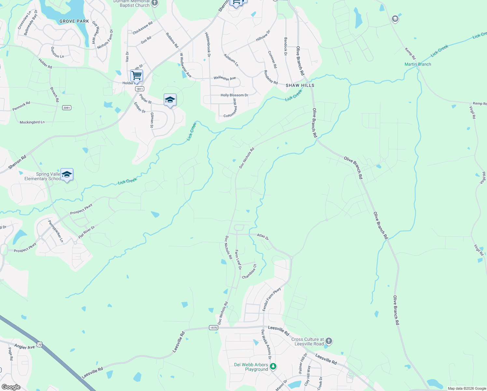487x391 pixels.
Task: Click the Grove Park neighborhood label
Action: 74,21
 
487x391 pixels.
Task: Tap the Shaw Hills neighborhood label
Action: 300,85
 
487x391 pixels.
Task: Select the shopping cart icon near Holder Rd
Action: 136,75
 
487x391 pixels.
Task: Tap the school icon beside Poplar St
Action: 170,100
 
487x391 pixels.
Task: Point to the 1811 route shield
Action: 139,89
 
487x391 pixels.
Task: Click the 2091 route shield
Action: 67,108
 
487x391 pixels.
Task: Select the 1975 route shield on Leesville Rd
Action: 214,328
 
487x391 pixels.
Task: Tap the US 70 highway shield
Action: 39,344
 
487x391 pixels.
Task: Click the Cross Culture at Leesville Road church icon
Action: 329,341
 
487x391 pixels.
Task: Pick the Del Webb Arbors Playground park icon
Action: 273,367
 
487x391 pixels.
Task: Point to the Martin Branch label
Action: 418,64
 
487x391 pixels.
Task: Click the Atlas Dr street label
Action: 263,237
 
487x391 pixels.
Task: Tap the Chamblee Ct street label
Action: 249,271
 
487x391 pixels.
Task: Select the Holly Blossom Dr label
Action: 234,95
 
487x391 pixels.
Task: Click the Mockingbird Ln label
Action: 32,122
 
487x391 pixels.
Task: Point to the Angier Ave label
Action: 24,346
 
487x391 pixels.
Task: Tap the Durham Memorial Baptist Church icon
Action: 155,3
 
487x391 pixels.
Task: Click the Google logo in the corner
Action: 11,387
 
